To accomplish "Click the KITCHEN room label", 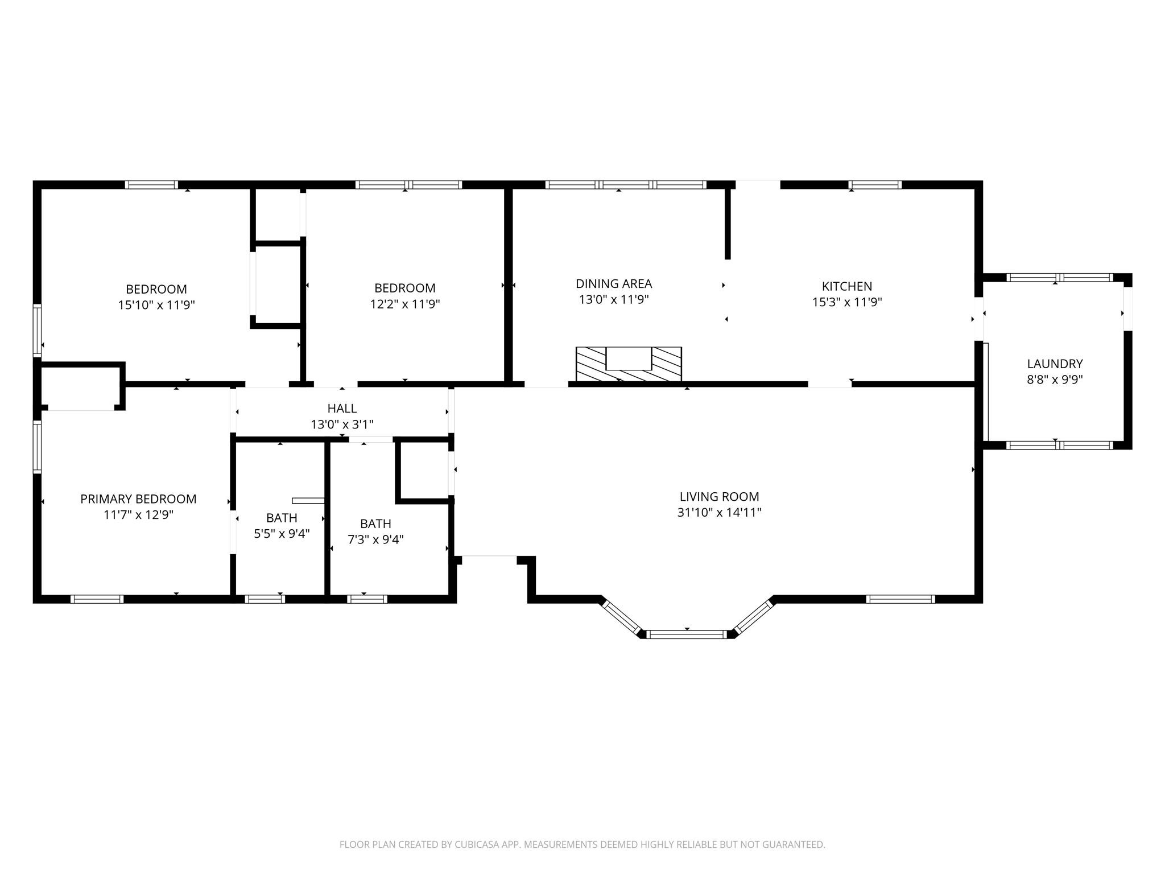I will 846,286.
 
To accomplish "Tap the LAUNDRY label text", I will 1055,364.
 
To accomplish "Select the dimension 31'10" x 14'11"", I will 719,512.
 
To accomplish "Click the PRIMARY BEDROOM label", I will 138,499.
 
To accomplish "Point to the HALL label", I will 342,408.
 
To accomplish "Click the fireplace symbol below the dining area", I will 629,364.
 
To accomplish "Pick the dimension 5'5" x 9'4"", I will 282,534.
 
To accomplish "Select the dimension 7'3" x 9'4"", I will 375,539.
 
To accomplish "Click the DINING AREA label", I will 614,283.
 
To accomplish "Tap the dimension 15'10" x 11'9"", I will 156,305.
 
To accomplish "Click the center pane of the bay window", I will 687,634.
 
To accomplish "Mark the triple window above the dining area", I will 626,184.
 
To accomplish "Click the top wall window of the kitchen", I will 874,184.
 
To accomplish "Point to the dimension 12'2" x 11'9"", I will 405,304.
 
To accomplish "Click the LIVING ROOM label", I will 719,496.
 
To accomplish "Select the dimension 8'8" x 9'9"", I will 1055,380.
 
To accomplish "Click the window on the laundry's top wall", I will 1059,278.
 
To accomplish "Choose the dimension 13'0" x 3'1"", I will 342,424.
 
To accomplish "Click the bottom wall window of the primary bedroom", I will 97,599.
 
